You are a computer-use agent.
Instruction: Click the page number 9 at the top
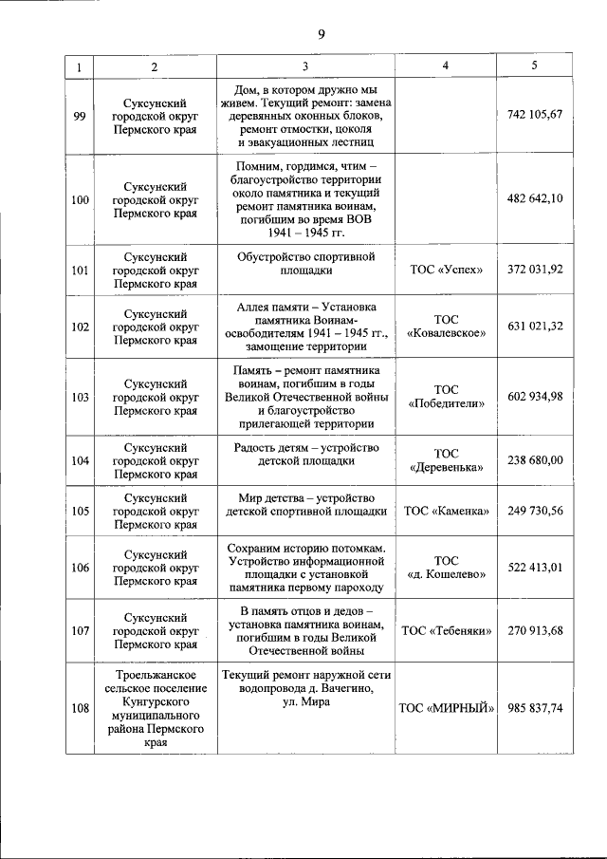(x=321, y=35)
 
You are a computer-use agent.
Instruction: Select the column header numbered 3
(x=305, y=66)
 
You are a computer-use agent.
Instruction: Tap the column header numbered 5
(x=535, y=66)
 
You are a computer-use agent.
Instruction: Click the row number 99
(x=80, y=115)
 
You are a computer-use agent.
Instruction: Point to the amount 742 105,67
(x=535, y=115)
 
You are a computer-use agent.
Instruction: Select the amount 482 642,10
(x=535, y=198)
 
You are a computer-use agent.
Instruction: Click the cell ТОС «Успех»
(x=446, y=270)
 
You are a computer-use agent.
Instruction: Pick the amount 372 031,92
(x=535, y=270)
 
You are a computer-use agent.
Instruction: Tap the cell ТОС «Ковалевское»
(x=446, y=327)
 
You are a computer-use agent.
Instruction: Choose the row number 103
(x=80, y=396)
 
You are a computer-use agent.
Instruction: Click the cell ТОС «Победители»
(x=446, y=396)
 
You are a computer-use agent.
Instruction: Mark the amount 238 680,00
(x=535, y=460)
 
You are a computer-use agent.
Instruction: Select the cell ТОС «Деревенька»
(x=446, y=460)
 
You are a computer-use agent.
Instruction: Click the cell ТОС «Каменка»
(x=446, y=511)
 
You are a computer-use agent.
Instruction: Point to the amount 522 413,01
(x=535, y=568)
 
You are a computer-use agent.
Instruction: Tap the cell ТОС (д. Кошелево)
(x=446, y=568)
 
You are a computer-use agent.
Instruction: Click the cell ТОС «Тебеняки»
(x=446, y=629)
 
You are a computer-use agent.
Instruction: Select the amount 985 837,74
(x=535, y=708)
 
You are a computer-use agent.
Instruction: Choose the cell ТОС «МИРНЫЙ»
(x=446, y=708)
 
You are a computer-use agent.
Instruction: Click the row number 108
(x=80, y=708)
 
